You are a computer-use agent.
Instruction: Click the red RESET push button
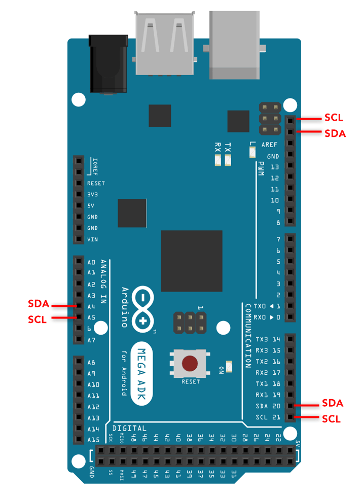[190, 364]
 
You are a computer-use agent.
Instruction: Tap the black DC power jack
[107, 63]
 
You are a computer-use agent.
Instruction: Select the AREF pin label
[269, 145]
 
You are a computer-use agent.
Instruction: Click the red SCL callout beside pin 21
[332, 419]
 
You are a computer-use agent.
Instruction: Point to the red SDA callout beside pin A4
[39, 304]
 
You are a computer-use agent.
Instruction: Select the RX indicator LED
[218, 161]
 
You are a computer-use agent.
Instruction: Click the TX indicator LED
[228, 161]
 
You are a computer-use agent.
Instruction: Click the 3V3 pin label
[92, 194]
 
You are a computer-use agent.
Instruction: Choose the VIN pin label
[92, 239]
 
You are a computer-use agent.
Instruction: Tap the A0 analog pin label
[91, 262]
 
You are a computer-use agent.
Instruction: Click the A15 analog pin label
[93, 440]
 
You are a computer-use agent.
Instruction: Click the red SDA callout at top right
[335, 133]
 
